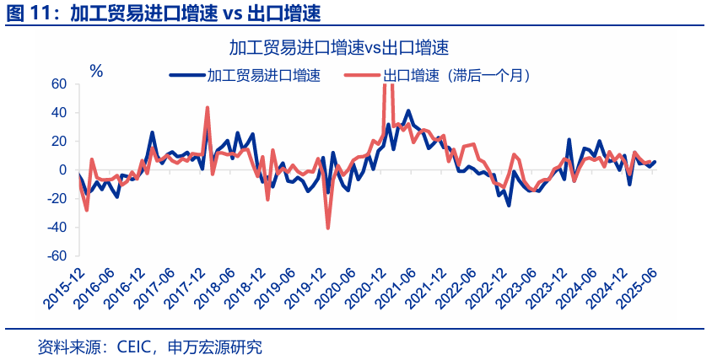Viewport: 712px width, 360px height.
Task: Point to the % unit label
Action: click(96, 71)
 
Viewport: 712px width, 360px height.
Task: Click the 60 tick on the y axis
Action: click(58, 83)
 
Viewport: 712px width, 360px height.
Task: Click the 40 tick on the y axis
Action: click(58, 112)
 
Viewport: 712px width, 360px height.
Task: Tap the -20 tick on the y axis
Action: click(56, 198)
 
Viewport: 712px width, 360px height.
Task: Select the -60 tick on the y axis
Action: click(56, 255)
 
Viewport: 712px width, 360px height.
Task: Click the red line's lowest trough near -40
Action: click(327, 228)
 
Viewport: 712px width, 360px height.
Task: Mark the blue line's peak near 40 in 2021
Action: click(409, 110)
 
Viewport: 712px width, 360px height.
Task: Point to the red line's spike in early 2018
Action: click(208, 108)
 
